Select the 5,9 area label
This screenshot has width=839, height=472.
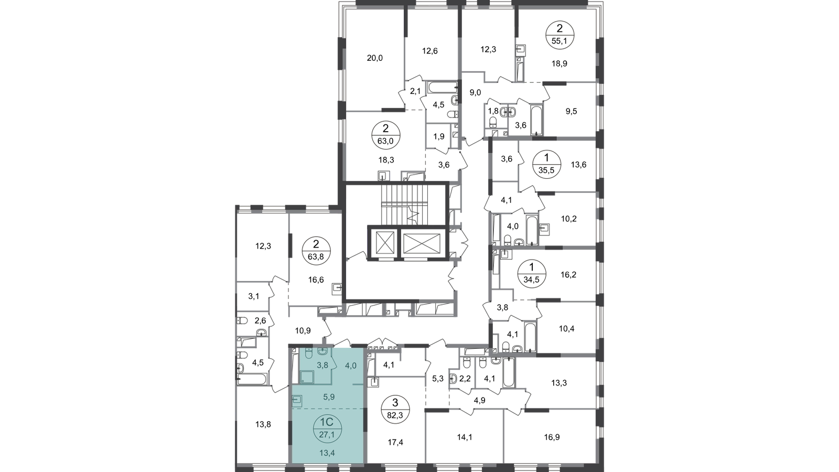(x=328, y=398)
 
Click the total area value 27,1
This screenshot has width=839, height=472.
(x=327, y=432)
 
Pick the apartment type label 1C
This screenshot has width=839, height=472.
(x=327, y=421)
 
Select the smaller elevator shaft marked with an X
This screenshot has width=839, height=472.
(x=385, y=244)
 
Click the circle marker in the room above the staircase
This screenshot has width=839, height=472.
(x=385, y=135)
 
